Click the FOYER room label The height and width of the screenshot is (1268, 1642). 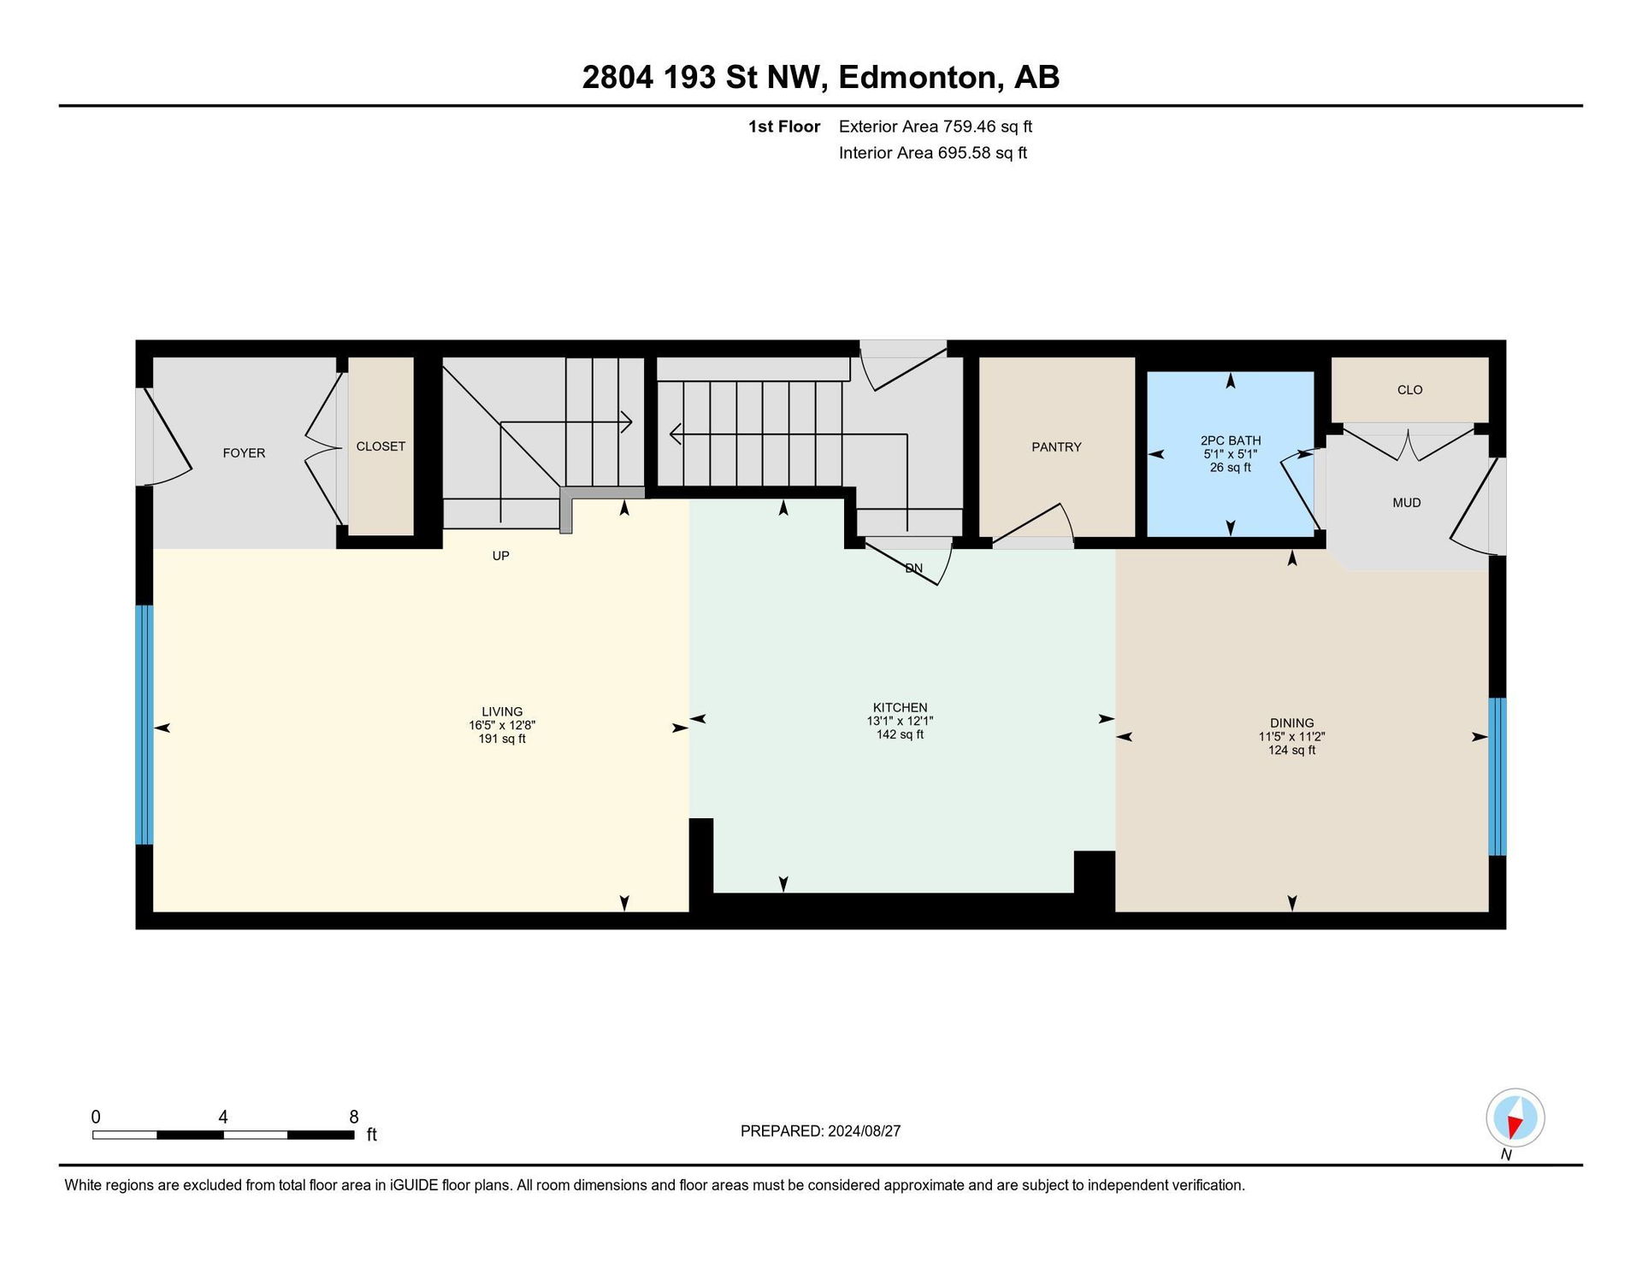coord(244,453)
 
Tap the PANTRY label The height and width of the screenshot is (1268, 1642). coord(1056,447)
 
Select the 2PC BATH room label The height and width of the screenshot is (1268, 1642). coord(1231,440)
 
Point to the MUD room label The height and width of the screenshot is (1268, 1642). coord(1407,503)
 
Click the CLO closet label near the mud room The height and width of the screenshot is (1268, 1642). coord(1410,390)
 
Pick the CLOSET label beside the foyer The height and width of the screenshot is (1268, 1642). coord(381,446)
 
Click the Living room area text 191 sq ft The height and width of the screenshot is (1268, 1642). coord(502,739)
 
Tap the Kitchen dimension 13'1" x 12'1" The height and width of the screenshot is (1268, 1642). coord(900,721)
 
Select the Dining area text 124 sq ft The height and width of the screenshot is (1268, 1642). coord(1291,750)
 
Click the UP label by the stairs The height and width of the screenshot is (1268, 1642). coord(501,556)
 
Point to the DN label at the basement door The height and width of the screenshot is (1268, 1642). coord(914,568)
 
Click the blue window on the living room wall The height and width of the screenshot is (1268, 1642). coord(145,725)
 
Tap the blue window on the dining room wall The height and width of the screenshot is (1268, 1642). coord(1497,776)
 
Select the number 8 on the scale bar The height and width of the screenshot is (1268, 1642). coord(354,1117)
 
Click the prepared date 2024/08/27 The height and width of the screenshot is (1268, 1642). coord(865,1131)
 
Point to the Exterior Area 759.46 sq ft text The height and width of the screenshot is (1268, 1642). coord(936,127)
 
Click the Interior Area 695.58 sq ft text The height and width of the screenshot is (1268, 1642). coord(933,153)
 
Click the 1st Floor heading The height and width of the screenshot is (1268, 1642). coord(784,127)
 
